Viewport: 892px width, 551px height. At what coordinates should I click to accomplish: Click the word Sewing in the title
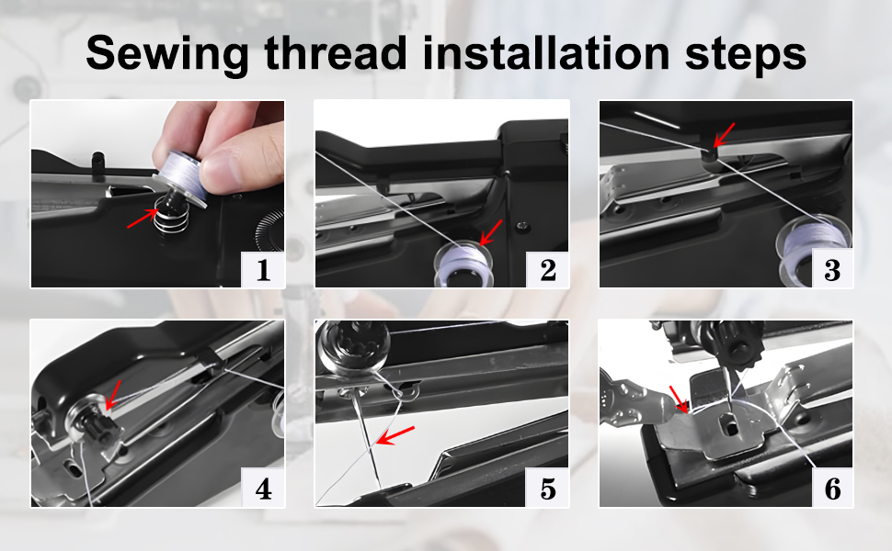[167, 54]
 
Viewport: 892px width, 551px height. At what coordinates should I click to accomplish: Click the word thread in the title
[336, 53]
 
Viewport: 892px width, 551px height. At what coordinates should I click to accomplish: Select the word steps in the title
[745, 55]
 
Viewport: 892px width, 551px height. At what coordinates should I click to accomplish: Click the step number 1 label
[263, 270]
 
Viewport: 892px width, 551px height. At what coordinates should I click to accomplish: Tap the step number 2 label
[548, 270]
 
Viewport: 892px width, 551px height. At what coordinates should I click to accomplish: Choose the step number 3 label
[832, 270]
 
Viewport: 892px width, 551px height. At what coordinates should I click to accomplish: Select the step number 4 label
[263, 489]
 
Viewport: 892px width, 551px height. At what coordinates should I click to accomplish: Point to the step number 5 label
[548, 489]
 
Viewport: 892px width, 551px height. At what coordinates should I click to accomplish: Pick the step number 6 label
[832, 489]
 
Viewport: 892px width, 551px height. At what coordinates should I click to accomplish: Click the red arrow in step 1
[143, 219]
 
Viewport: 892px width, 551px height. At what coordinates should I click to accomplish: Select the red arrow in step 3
[724, 135]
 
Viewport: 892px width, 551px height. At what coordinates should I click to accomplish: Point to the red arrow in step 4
[112, 394]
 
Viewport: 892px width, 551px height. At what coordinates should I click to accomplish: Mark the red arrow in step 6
[678, 399]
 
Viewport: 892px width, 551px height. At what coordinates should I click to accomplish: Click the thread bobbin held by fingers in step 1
[178, 178]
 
